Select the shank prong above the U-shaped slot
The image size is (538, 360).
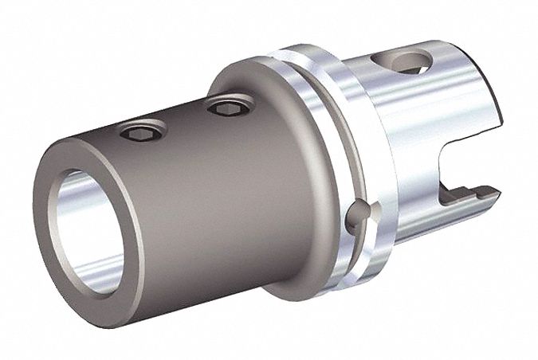point(470,119)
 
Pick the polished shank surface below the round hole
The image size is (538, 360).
point(399,135)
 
